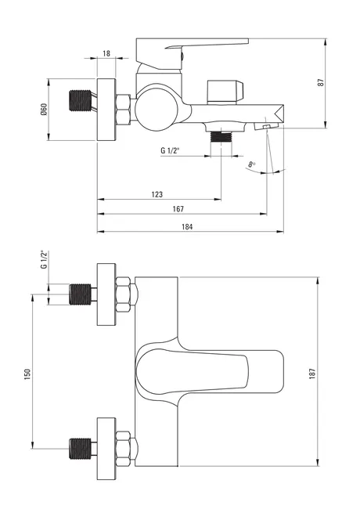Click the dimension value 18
tap(106, 53)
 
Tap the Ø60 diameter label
tap(44, 110)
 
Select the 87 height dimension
tap(321, 82)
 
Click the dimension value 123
tap(157, 194)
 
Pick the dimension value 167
tap(178, 209)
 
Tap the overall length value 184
tap(187, 226)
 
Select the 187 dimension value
tap(312, 374)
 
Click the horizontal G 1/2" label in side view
tap(170, 150)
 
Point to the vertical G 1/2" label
tap(44, 259)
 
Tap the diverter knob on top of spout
tap(225, 92)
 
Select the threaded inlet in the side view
tap(81, 100)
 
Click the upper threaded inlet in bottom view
tap(81, 294)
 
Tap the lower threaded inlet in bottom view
tap(81, 448)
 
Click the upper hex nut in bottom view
tap(123, 294)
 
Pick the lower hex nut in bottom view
tap(123, 449)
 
